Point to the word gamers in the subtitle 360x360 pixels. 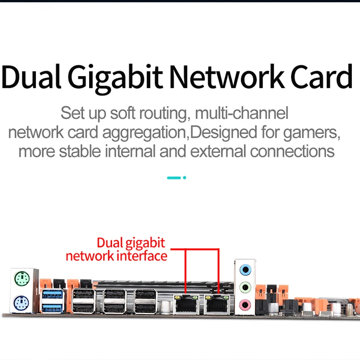(311, 133)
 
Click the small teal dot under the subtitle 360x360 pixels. (184, 178)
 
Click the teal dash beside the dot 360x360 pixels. (174, 178)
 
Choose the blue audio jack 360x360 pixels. (244, 270)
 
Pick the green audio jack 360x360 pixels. (244, 286)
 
